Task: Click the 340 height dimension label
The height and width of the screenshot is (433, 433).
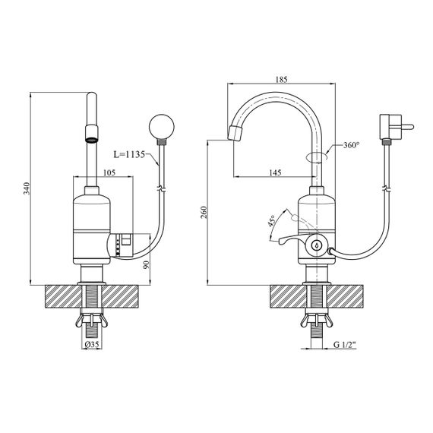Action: coord(27,188)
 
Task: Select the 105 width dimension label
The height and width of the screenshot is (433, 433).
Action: coord(109,172)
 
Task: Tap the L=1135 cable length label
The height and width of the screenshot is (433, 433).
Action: coord(129,154)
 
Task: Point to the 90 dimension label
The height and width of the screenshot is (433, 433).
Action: coord(147,264)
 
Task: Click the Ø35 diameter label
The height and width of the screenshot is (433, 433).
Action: coord(92,344)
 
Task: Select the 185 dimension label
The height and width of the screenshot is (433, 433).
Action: coord(281,80)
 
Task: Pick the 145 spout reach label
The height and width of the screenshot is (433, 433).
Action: coord(275,172)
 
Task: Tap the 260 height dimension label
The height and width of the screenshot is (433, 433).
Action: coord(204,212)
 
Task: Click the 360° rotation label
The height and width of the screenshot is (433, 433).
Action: coord(351,145)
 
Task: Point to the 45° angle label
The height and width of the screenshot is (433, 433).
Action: coord(271,222)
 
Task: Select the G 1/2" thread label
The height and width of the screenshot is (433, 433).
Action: coord(345,344)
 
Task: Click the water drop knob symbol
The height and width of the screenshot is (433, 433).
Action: coord(317,244)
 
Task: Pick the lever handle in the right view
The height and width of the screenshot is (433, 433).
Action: coord(292,239)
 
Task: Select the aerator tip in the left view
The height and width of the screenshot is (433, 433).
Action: coord(92,134)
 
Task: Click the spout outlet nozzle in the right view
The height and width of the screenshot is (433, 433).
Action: coord(235,133)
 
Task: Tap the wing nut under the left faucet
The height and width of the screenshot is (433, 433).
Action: coord(92,321)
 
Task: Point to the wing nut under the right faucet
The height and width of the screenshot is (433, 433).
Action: coord(317,321)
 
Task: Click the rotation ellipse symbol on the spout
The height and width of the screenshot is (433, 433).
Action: coord(317,156)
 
